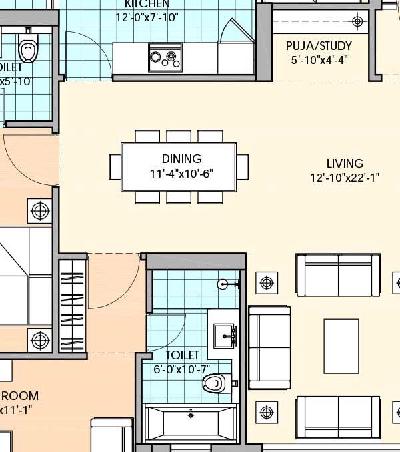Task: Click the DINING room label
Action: [181, 159]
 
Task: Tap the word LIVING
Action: [345, 164]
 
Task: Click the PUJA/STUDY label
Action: [319, 46]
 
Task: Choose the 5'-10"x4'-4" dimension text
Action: [320, 59]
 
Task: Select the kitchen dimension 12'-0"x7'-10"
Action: [151, 17]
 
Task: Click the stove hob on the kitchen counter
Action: [165, 57]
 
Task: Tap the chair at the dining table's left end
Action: [115, 166]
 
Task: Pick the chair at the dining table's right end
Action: [242, 166]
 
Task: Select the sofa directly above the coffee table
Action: [338, 274]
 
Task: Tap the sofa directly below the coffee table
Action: [338, 417]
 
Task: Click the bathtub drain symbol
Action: [191, 415]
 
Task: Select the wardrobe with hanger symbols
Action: [73, 306]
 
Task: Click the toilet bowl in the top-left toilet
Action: [27, 49]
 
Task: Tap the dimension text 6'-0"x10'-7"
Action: [182, 369]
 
